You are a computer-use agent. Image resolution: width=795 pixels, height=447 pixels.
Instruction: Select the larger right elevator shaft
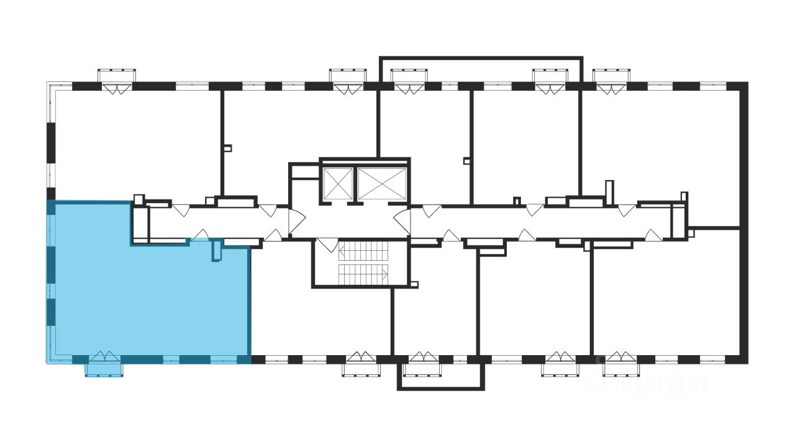381,182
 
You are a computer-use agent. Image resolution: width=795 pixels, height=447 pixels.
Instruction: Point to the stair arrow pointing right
385,273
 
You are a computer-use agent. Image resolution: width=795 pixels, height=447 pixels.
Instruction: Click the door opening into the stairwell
327,245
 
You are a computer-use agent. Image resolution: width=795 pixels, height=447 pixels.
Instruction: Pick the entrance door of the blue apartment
200,236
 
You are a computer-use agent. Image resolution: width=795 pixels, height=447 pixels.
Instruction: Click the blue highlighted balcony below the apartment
104,369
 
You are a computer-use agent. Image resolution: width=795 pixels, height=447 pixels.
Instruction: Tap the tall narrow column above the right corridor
609,190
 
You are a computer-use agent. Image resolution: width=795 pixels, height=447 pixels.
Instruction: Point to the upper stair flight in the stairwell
363,251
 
